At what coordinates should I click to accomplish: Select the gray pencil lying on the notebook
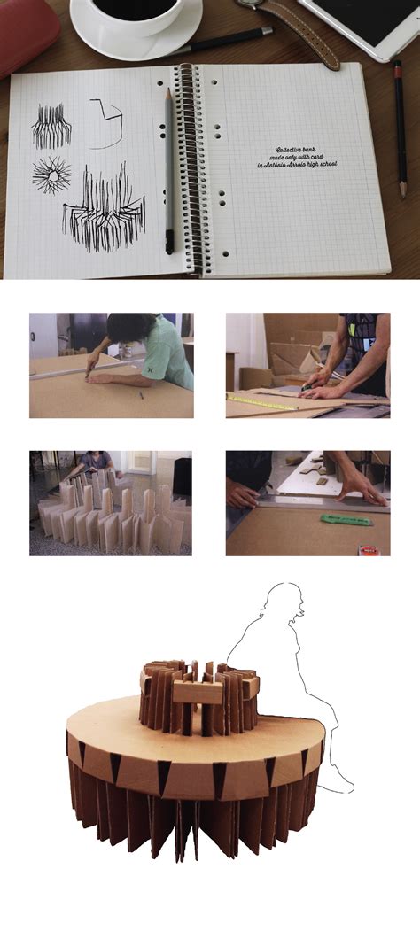click(167, 168)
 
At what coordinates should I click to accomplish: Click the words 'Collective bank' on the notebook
click(301, 151)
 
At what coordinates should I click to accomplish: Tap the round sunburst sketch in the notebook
click(52, 175)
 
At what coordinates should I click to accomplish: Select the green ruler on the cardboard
click(346, 519)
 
